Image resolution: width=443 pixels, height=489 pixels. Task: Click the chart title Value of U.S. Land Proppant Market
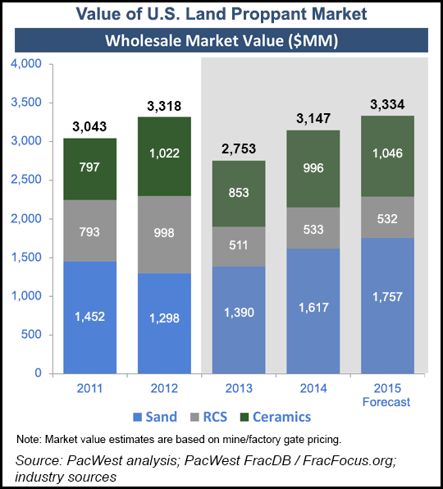(x=221, y=14)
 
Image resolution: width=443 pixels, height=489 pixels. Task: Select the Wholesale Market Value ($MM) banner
(x=221, y=39)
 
